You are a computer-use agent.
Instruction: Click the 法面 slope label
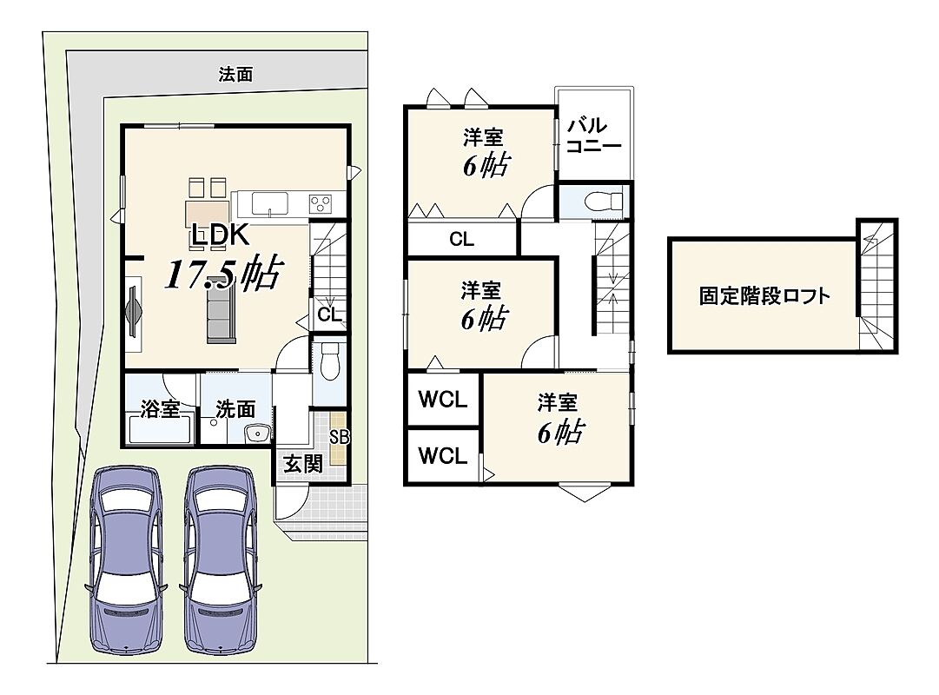tap(235, 75)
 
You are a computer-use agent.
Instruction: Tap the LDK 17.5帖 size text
tap(222, 274)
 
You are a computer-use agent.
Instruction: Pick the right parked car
tap(221, 560)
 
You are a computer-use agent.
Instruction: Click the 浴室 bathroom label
tap(160, 409)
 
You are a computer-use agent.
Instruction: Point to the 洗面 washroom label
tap(235, 409)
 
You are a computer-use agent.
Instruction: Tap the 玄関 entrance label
tap(303, 463)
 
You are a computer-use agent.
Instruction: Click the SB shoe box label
tap(339, 437)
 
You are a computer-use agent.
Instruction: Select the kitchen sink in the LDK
tap(269, 203)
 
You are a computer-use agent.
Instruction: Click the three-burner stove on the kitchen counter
tap(321, 203)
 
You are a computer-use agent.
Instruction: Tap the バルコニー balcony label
tap(593, 136)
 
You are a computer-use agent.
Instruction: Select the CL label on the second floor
tap(461, 240)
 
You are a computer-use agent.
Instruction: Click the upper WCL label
tap(442, 400)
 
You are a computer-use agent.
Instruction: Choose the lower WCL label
tap(442, 456)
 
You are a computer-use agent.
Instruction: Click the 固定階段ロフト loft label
tap(764, 296)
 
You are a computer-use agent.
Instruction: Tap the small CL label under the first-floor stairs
tap(328, 314)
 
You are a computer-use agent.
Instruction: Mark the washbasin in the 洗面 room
tap(258, 433)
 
